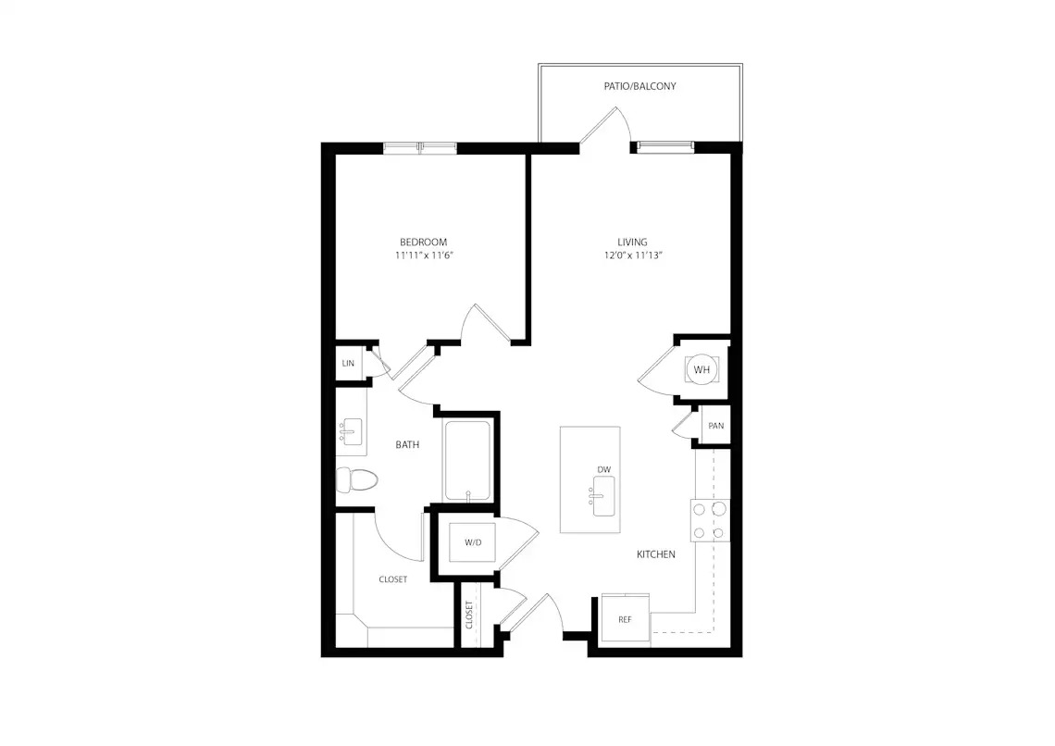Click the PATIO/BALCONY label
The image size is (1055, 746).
coord(639,86)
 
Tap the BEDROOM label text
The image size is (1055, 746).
coord(423,242)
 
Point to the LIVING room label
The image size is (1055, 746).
coord(632,242)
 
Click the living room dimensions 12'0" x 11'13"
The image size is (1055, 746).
coord(633,255)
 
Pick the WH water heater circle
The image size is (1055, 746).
coord(701,369)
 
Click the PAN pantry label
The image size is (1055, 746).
coord(716,426)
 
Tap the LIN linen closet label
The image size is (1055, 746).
coord(348,363)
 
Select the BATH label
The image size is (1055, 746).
coord(407,444)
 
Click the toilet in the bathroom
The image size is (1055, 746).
coord(356,479)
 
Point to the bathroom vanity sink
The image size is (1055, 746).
coord(352,430)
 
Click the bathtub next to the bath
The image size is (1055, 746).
coord(467,461)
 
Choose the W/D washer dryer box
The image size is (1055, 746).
coord(472,542)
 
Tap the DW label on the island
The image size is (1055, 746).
coord(603,469)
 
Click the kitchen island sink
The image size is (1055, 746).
coord(602,496)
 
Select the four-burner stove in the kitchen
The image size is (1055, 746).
coord(710,521)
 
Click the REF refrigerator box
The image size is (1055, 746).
coord(625,618)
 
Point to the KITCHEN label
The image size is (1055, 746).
coord(656,554)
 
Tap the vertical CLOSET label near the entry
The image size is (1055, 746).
coord(469,615)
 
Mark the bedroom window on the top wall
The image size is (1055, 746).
coord(420,148)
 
